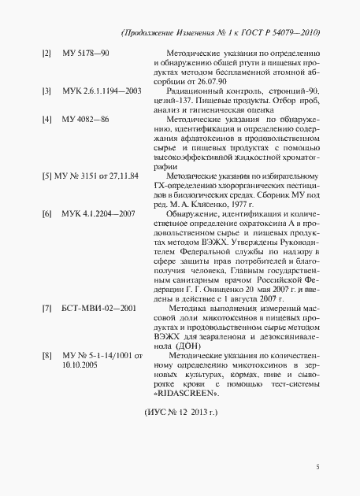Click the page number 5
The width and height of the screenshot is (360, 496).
click(x=317, y=468)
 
